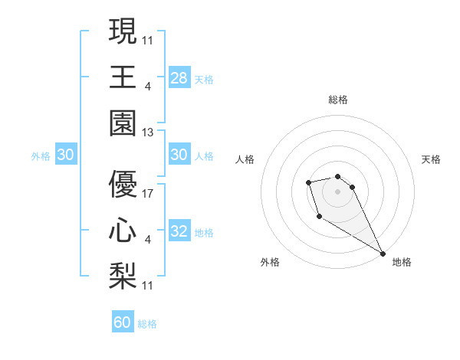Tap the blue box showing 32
pos(179,231)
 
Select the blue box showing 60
pos(123,322)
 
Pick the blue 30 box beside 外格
pos(66,155)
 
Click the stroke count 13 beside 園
pos(147,133)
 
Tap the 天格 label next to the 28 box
pos(204,79)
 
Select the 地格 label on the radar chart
pos(402,262)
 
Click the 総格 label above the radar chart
pos(338,100)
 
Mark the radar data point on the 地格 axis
pos(383,254)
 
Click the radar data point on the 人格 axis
pos(308,182)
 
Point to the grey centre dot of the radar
pos(337,191)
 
